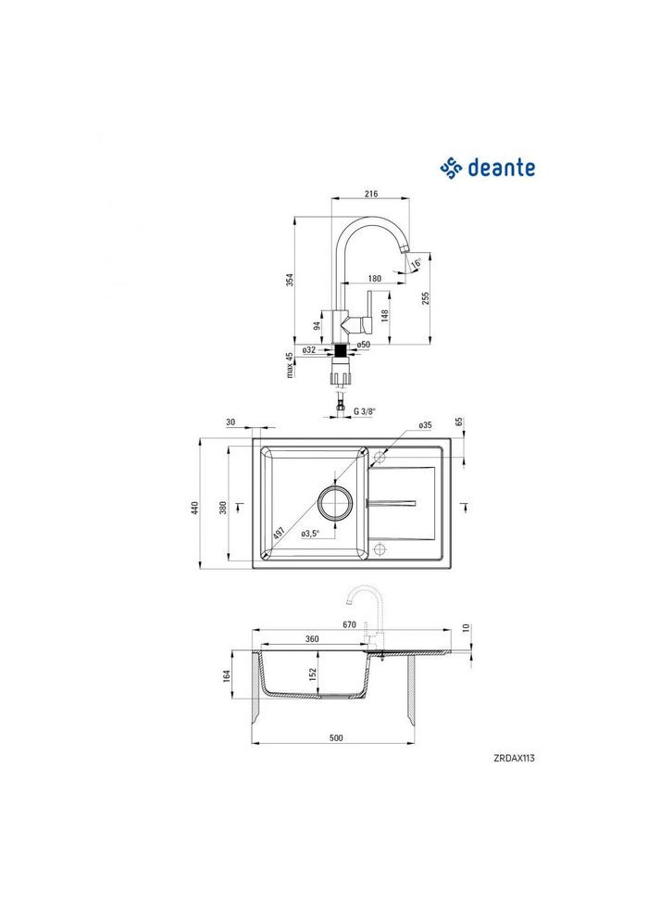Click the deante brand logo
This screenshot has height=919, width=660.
tap(487, 167)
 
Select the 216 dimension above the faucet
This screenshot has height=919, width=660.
tap(370, 195)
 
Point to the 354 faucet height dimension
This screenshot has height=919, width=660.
tap(290, 279)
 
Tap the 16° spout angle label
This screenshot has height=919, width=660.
tap(416, 264)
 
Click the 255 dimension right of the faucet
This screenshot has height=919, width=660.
tap(425, 299)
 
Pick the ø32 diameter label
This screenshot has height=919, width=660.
tap(309, 350)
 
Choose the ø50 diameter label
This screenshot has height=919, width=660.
tap(364, 346)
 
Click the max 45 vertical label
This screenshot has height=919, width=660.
tap(290, 365)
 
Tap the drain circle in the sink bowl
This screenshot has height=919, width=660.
tap(333, 504)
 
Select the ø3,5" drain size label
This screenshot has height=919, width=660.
tap(310, 534)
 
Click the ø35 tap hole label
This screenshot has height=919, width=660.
tap(425, 424)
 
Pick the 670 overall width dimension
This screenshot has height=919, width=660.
tap(349, 625)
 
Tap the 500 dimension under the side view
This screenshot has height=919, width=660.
tap(336, 737)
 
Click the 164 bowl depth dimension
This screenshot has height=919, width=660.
tap(226, 676)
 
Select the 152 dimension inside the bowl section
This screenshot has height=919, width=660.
tap(313, 676)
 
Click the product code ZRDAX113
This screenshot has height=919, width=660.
tap(515, 757)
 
